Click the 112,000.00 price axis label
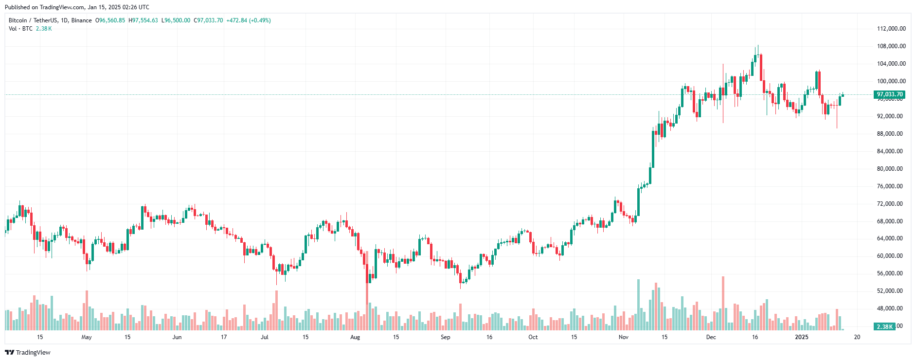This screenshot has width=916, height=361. pos(891,29)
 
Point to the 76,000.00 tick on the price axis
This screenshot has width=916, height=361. pos(890,186)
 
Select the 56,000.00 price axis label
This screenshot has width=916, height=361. pos(890,273)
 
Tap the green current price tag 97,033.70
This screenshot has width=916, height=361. pos(889,94)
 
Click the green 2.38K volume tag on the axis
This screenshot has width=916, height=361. pos(884,327)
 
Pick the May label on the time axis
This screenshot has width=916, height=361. pos(87,337)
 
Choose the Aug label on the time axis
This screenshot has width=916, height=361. pos(355,337)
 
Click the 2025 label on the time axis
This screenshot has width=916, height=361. pos(801,337)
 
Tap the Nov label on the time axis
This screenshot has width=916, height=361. pos(624,337)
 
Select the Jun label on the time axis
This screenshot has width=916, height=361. pos(177,337)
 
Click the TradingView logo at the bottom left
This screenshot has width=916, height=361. pos(28,352)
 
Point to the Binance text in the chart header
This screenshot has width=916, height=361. pos(82,20)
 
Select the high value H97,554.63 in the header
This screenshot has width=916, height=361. pos(143,20)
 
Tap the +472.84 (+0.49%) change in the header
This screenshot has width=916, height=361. pos(249,20)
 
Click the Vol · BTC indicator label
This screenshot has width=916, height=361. pos(20,29)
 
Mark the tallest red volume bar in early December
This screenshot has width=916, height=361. pos(723,303)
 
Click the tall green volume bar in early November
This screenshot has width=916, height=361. pos(639,305)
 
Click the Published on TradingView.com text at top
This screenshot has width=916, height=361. pos(77,7)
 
